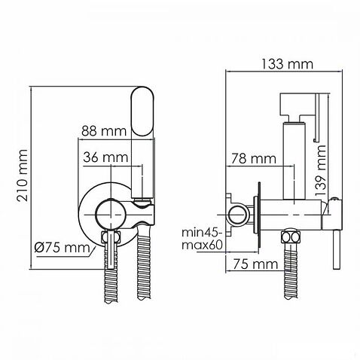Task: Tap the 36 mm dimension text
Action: pyautogui.click(x=104, y=157)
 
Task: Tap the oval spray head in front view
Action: pyautogui.click(x=142, y=111)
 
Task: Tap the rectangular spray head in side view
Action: pyautogui.click(x=294, y=105)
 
